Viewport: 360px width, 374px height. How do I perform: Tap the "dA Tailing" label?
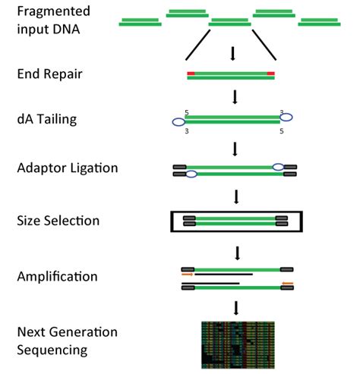coord(43,121)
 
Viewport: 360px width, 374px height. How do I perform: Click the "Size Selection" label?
coord(55,222)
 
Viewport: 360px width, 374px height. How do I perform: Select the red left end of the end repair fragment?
coord(191,74)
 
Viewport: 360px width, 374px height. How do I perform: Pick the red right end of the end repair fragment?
coord(270,74)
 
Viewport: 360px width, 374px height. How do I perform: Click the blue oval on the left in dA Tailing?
coord(178,121)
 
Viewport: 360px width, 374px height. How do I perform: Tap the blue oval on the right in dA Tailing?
coord(286,118)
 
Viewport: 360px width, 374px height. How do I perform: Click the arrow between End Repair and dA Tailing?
coord(235,97)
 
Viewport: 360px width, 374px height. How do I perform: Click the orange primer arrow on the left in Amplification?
coord(188,275)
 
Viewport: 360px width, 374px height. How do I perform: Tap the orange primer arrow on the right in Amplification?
coord(287,284)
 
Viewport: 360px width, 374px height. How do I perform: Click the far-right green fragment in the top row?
coord(318,23)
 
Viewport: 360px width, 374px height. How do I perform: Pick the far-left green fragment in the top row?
coord(140,23)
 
